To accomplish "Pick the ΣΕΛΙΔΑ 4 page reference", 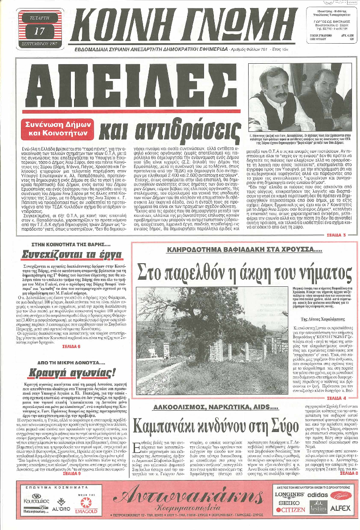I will [x=336, y=397].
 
